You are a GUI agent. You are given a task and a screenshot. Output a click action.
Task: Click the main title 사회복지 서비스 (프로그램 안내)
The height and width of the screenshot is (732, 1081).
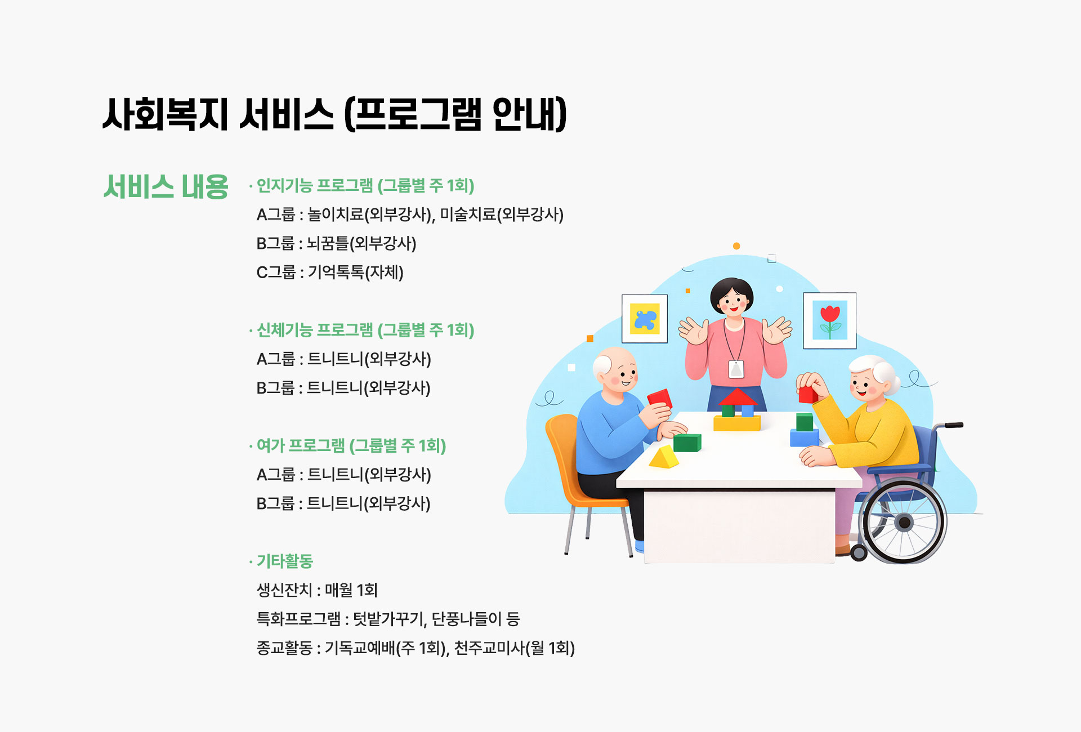[334, 114]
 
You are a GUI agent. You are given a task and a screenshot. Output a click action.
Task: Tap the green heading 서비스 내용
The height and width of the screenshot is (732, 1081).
[166, 186]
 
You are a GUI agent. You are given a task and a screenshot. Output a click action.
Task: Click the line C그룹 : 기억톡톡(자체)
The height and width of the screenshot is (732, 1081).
[330, 273]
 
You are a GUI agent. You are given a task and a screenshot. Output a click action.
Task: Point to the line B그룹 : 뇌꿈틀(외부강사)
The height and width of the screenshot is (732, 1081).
[336, 244]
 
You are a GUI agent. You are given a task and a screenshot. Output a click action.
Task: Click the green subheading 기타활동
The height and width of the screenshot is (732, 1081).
[284, 561]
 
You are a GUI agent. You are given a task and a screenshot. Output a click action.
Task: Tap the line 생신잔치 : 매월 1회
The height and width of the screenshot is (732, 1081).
[317, 590]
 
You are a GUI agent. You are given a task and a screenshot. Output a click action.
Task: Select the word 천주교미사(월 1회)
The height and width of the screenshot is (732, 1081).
[514, 648]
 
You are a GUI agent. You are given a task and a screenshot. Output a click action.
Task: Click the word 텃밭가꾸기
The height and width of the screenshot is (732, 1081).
[388, 619]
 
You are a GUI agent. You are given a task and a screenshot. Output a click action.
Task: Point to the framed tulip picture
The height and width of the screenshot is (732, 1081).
[829, 320]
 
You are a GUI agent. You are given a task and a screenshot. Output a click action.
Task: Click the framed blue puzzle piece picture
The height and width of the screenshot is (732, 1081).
[645, 319]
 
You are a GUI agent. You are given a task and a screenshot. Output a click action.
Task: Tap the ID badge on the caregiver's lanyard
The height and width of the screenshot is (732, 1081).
[736, 369]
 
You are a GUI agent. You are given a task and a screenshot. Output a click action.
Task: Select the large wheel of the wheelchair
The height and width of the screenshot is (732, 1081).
[903, 523]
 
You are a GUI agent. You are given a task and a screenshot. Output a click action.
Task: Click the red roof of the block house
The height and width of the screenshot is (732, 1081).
[737, 397]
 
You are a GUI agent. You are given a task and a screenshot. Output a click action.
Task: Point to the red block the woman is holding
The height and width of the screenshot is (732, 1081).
[807, 394]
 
